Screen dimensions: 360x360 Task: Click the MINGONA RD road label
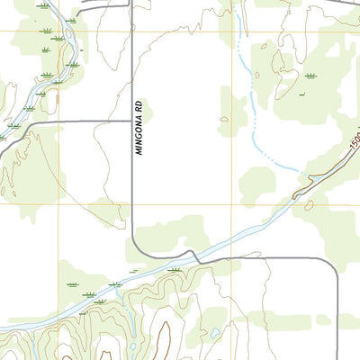point(139,127)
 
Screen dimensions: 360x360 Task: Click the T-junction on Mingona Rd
point(133,120)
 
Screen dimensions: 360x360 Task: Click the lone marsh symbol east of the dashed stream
point(310,76)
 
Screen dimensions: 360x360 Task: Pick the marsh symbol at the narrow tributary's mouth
point(114,284)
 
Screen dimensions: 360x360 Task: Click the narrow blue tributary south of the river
point(132,333)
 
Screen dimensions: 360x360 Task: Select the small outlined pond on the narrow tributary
point(132,346)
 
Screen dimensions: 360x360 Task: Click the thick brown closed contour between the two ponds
point(164,337)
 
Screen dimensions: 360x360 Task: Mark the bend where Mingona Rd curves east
point(138,250)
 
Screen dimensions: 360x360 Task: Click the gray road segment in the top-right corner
point(346,4)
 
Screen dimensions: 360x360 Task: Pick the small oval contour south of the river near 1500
point(308,205)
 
